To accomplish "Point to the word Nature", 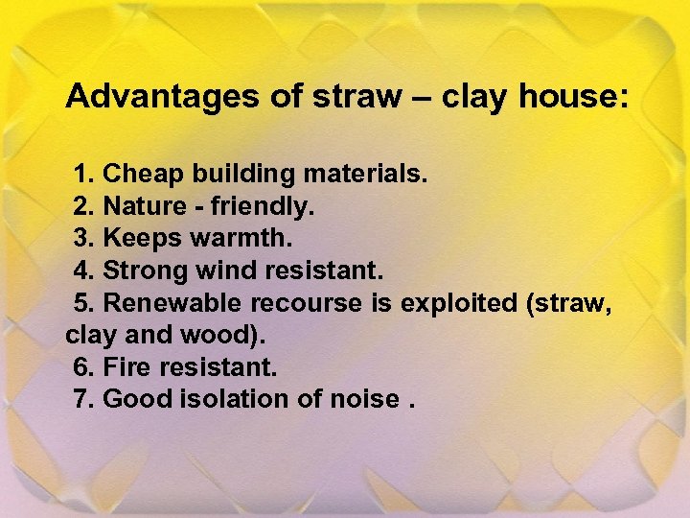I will pyautogui.click(x=144, y=206).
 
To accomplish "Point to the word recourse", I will pyautogui.click(x=308, y=303).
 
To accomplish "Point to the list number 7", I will pyautogui.click(x=84, y=399).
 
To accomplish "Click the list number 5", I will pyautogui.click(x=84, y=303).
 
